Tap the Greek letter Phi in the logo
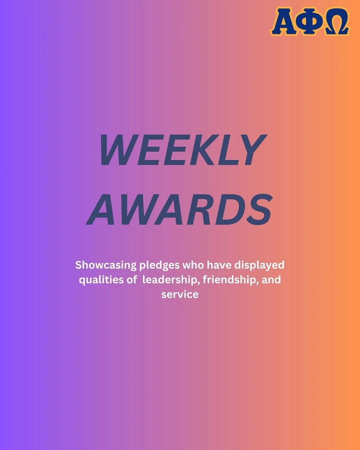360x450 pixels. point(310,22)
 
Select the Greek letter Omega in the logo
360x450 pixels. point(336,22)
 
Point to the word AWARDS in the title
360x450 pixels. point(180,210)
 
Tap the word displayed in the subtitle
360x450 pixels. point(259,265)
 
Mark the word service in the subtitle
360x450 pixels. point(180,294)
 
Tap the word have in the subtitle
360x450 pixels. point(219,265)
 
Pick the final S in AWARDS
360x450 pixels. point(258,210)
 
